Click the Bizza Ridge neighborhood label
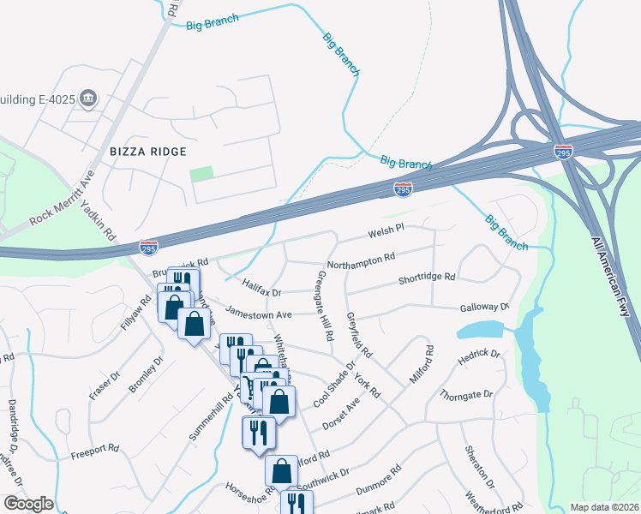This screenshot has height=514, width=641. pos(148,152)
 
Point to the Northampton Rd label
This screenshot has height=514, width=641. pos(361,257)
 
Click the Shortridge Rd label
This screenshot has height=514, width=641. pos(427,278)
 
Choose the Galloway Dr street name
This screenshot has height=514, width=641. pos(484,307)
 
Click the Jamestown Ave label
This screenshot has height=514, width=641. pos(259,314)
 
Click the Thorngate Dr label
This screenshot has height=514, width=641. pos(466,395)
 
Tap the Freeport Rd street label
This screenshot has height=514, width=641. pos(94,448)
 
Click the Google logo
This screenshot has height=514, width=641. pos(28,504)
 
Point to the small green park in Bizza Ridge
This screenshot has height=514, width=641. pos(201,173)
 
